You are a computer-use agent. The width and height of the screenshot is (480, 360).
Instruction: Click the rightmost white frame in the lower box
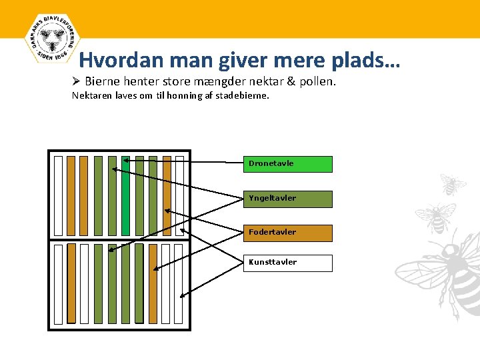(179, 283)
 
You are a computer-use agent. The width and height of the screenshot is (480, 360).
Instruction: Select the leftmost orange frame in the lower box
(71, 283)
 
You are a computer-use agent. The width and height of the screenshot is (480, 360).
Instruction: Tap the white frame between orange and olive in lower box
(84, 283)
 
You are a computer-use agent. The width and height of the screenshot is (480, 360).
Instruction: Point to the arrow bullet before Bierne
(76, 81)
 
